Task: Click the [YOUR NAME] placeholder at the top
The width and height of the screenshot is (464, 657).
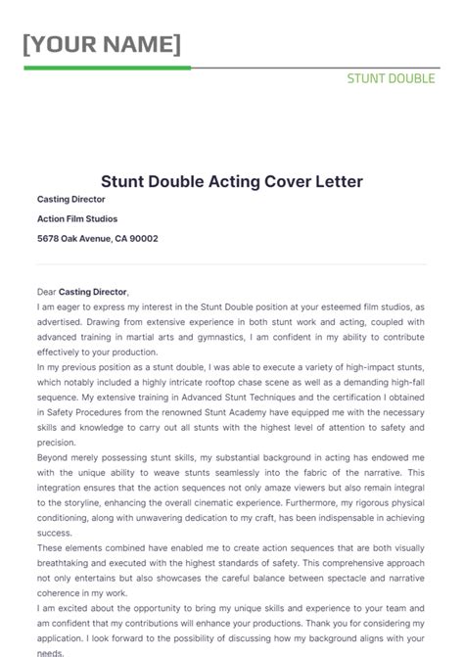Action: tap(102, 44)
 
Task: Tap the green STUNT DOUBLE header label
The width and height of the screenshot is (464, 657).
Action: tap(391, 78)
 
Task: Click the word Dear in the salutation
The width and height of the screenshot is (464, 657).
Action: tap(46, 292)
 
